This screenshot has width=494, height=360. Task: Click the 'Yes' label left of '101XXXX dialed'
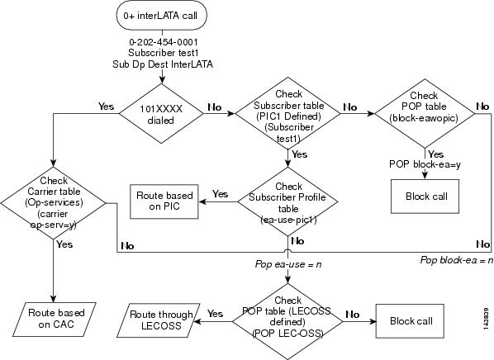click(x=106, y=107)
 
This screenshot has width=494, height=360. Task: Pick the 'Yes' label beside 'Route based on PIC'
click(x=221, y=194)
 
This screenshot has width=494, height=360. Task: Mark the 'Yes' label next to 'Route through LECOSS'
click(x=216, y=314)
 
